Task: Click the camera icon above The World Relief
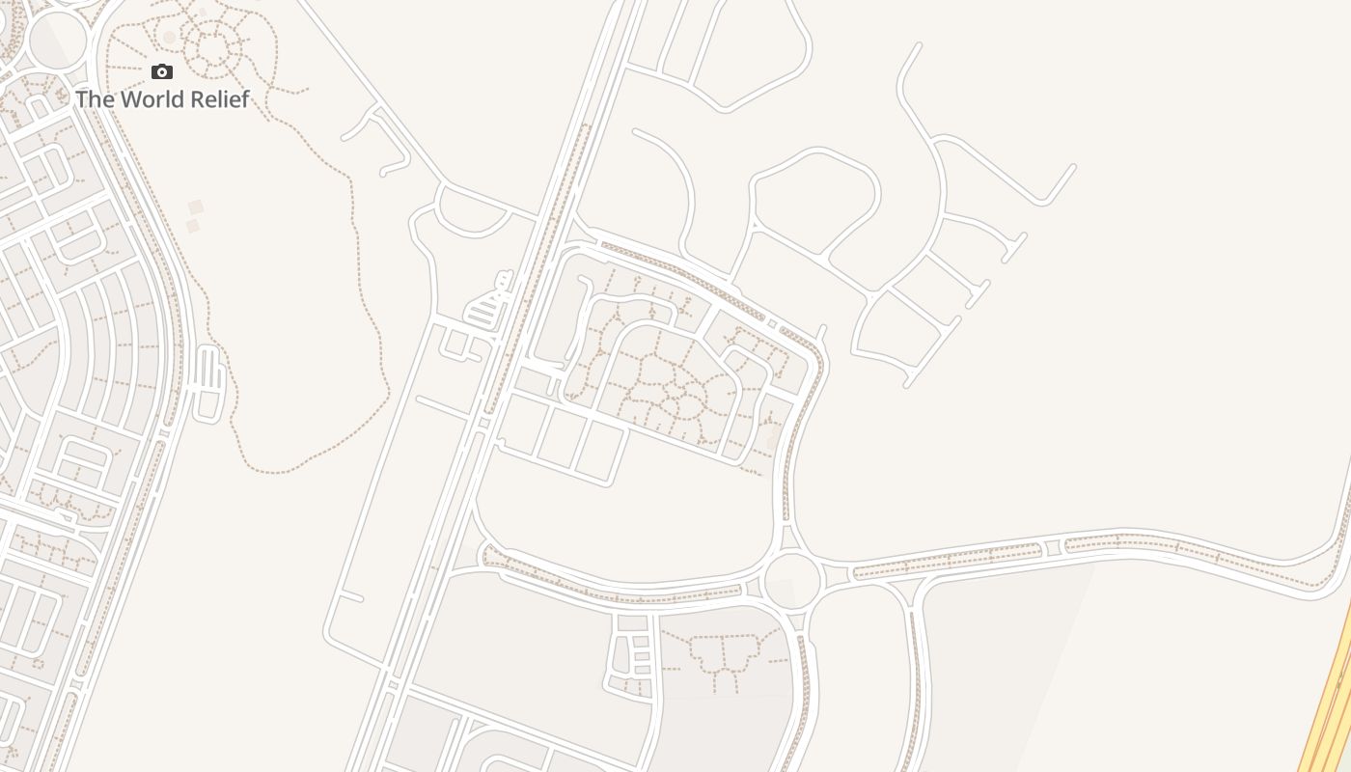(162, 71)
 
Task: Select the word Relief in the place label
(222, 99)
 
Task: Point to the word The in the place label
(95, 99)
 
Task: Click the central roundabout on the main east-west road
(792, 580)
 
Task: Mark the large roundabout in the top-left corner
(58, 41)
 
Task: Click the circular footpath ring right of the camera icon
(211, 43)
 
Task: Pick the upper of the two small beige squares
(196, 207)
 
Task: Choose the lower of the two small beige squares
(193, 226)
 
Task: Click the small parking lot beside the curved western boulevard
(208, 382)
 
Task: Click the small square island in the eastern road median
(1053, 548)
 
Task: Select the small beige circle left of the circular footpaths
(170, 38)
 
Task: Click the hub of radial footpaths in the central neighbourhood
(679, 390)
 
